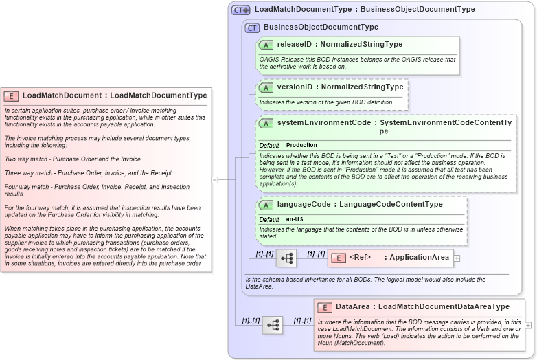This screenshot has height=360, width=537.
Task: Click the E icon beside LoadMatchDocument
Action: point(11,96)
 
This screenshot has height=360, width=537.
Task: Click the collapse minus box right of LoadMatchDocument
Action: point(215,180)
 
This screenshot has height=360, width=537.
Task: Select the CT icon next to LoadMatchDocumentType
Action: point(240,10)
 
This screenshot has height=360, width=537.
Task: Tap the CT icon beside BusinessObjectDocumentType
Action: point(252,28)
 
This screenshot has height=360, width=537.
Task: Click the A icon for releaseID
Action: point(266,45)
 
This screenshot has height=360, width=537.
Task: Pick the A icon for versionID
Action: point(266,88)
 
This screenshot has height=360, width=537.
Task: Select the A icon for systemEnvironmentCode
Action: point(266,124)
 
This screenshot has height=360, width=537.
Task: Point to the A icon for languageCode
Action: point(266,205)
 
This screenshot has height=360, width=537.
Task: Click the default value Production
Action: point(301,146)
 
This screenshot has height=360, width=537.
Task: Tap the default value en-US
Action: point(295,219)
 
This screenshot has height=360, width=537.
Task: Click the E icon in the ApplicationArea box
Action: point(339,258)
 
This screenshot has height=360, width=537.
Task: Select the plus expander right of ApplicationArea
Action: point(457,258)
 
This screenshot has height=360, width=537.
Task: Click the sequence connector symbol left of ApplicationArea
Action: point(286,258)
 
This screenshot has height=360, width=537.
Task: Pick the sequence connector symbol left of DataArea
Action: point(273,325)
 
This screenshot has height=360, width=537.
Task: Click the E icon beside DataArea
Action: point(325,308)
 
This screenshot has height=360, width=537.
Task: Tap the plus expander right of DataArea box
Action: point(528,325)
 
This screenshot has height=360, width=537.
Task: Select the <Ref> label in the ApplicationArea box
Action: point(360,258)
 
